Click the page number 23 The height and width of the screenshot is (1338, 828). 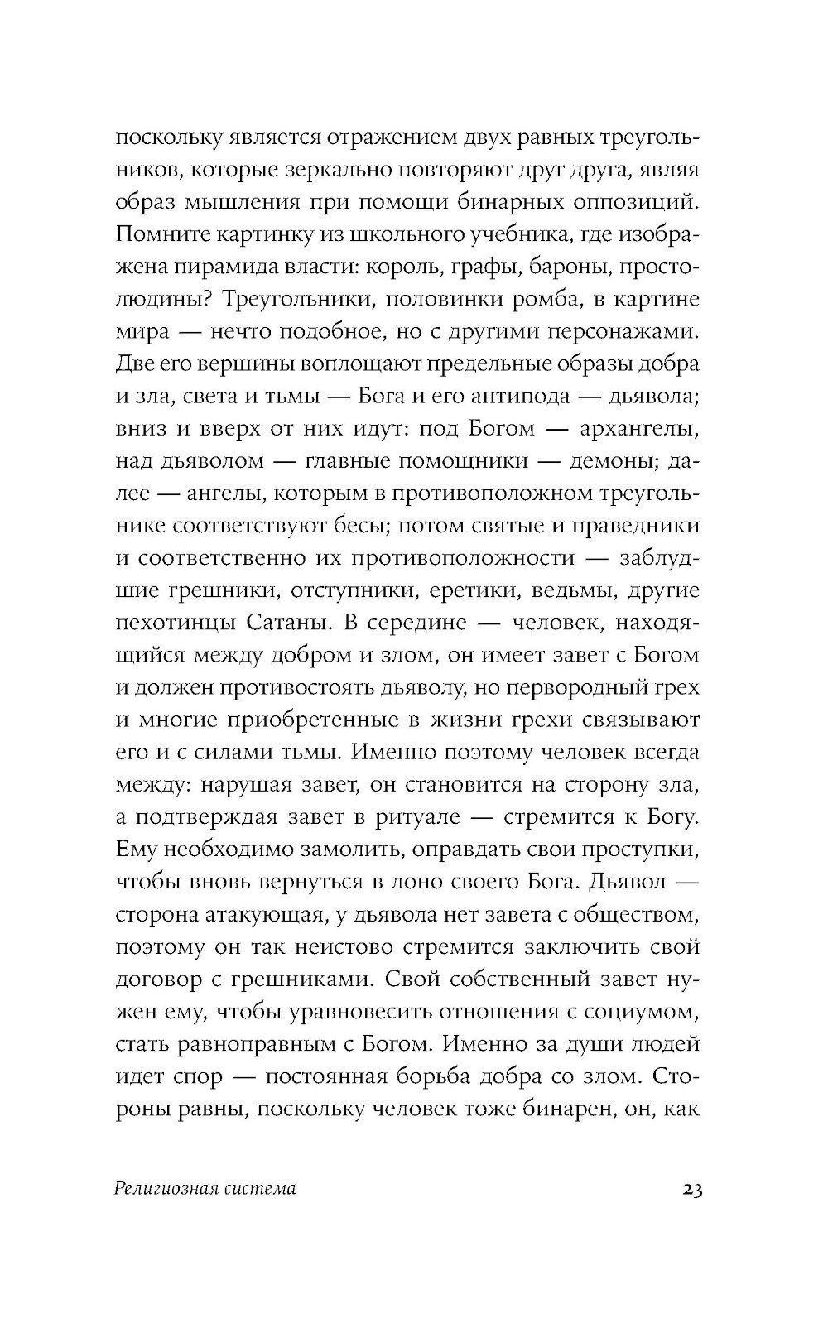(692, 1190)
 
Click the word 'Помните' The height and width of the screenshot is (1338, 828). (156, 234)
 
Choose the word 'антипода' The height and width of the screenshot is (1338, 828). (521, 396)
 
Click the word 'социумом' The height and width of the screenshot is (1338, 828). (640, 1010)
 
